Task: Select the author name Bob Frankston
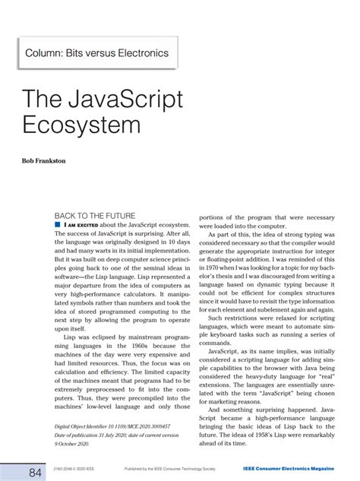40,162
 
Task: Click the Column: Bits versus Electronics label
97,53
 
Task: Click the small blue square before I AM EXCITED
58,226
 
